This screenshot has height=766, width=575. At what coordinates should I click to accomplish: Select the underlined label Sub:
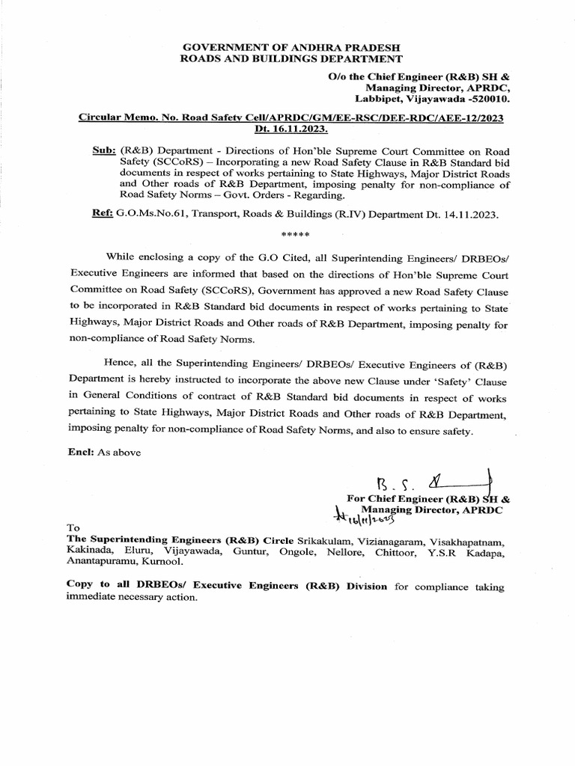101,149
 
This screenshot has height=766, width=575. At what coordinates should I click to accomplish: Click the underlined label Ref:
101,214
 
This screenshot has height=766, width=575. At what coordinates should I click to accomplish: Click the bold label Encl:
79,452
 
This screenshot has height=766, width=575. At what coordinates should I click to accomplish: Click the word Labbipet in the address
380,98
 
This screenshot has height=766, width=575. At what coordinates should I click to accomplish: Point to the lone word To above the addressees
73,527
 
